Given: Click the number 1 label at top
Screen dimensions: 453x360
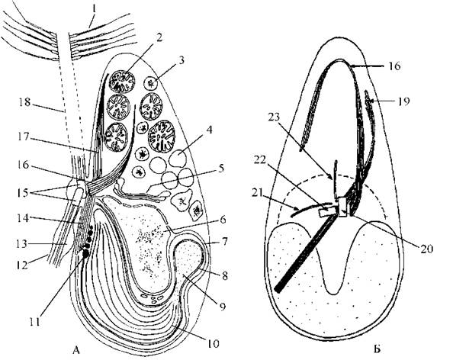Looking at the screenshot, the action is (94, 10).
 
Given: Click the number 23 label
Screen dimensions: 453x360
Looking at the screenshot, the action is (275, 117).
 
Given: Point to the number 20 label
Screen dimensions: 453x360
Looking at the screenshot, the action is (426, 248).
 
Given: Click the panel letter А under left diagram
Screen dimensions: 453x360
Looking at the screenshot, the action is (76, 349).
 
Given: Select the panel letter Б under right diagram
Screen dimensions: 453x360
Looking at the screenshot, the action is (377, 349).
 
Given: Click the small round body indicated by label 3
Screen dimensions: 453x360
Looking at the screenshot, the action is (151, 84).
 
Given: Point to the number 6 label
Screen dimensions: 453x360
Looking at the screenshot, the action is (223, 220).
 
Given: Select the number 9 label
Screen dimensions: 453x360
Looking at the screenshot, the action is (222, 307).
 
